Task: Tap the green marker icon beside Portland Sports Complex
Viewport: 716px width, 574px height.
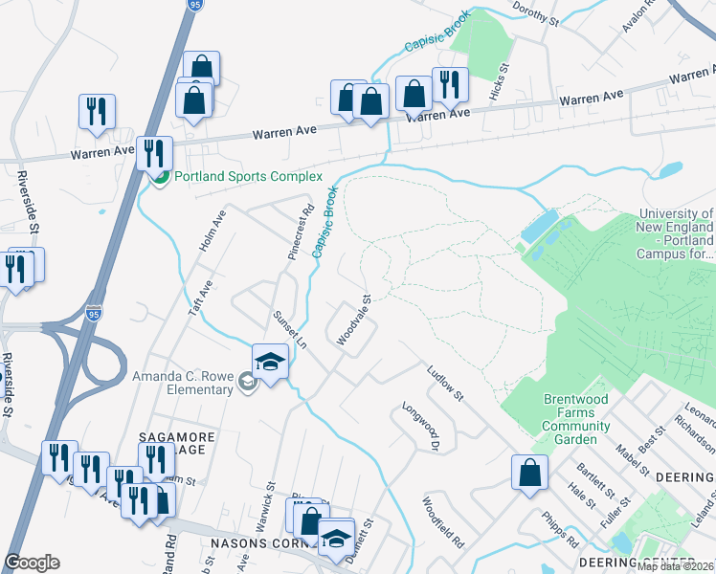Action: pos(161,177)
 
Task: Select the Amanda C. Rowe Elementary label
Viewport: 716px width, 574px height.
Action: pos(183,383)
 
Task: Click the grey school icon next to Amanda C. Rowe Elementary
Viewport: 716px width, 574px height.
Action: pos(248,384)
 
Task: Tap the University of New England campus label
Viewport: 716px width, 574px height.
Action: pos(675,234)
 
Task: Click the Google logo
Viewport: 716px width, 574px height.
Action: pos(32,563)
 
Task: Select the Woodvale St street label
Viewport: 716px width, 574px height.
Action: pos(353,320)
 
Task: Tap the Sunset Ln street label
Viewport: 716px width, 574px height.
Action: pos(289,328)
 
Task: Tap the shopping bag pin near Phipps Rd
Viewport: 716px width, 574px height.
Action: pos(529,474)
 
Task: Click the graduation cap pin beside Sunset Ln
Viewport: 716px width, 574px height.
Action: pos(271,363)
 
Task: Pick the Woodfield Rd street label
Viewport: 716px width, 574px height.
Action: pos(442,520)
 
